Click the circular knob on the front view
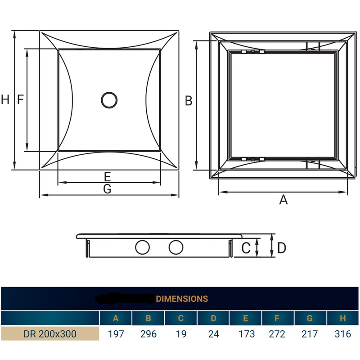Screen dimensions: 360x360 point(109,100)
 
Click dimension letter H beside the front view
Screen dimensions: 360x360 point(5,100)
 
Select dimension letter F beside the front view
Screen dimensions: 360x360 point(20,100)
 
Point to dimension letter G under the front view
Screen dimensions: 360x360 point(107,189)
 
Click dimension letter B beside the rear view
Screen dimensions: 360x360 point(189,101)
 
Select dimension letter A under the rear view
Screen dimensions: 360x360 point(283,200)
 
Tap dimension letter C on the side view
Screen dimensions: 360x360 point(246,248)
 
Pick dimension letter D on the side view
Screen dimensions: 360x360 point(282,248)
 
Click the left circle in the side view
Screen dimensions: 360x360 point(143,247)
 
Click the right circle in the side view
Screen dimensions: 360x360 point(176,247)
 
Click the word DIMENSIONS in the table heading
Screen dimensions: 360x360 point(182,298)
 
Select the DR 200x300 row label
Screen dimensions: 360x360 point(49,334)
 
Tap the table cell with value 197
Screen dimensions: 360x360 point(116,334)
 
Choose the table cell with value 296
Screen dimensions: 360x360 point(148,334)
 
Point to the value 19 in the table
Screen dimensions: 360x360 point(180,334)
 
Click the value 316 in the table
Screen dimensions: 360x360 point(342,334)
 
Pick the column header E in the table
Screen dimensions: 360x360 point(246,318)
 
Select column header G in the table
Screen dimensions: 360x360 point(310,318)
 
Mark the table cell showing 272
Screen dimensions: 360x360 point(278,334)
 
